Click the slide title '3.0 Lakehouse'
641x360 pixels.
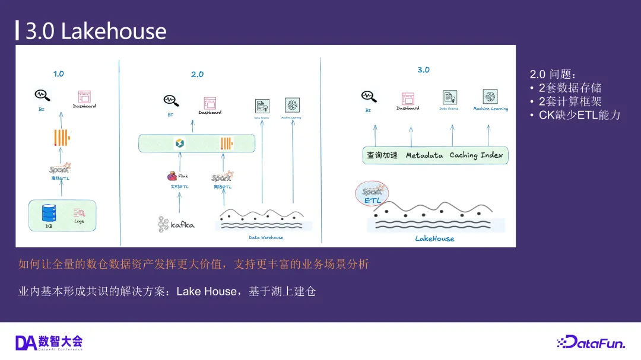[x=96, y=31]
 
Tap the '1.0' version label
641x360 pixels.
[x=58, y=74]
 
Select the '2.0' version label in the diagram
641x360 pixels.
[x=197, y=75]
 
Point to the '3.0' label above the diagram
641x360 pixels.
[x=423, y=70]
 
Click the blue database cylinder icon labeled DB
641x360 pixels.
[x=49, y=212]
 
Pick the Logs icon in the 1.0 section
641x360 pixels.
[x=79, y=212]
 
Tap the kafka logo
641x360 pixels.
[x=176, y=224]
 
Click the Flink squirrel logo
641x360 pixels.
[x=172, y=176]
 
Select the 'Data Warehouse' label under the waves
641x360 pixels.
[x=265, y=238]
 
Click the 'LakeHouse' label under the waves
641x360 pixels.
[x=434, y=238]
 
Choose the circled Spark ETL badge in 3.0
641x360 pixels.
[x=372, y=195]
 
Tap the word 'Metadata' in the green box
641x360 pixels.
[x=424, y=155]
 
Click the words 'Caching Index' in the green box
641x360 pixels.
[x=476, y=155]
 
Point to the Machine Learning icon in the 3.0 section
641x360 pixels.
[x=490, y=97]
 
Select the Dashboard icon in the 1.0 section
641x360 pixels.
[x=84, y=97]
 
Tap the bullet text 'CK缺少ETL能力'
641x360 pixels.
[x=579, y=115]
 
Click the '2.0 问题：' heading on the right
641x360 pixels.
[x=553, y=75]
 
